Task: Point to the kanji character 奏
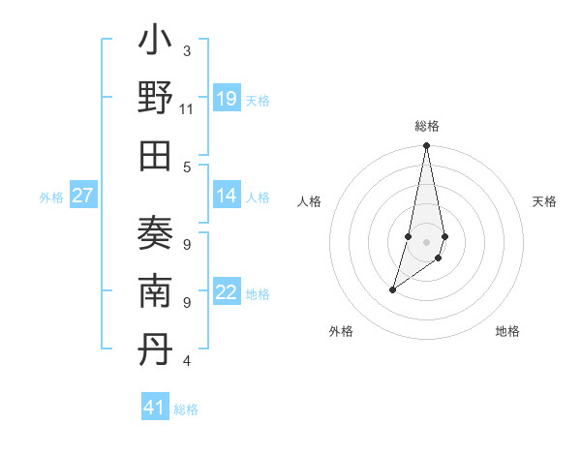coord(155,235)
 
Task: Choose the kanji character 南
coord(155,291)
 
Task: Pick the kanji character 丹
coord(155,348)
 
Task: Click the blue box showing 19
coord(227,99)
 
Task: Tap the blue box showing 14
coord(227,196)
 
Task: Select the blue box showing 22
coord(227,292)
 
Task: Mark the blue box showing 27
coord(83,196)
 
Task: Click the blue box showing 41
coord(155,408)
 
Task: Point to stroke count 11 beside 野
coord(187,109)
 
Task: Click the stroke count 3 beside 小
coord(187,50)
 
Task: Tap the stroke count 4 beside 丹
coord(187,361)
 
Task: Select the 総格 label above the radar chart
coord(426,127)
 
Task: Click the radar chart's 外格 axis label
coord(340,331)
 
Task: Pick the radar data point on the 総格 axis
coord(426,146)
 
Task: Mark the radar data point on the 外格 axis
coord(393,289)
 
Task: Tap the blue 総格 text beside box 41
coord(187,409)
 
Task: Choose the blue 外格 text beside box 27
coord(51,197)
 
